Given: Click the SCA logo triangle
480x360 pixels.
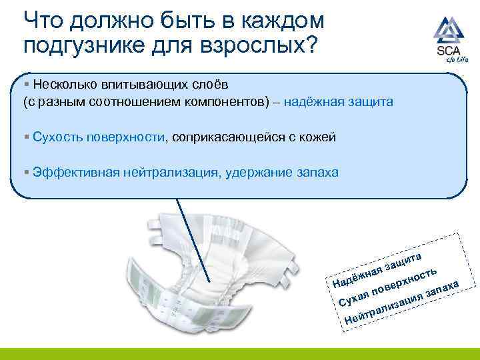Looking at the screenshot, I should point(447,31).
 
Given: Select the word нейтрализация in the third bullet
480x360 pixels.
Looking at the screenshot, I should point(169,173).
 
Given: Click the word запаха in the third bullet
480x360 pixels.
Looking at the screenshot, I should point(317,173).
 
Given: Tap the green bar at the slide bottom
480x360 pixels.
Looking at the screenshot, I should point(240,354).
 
